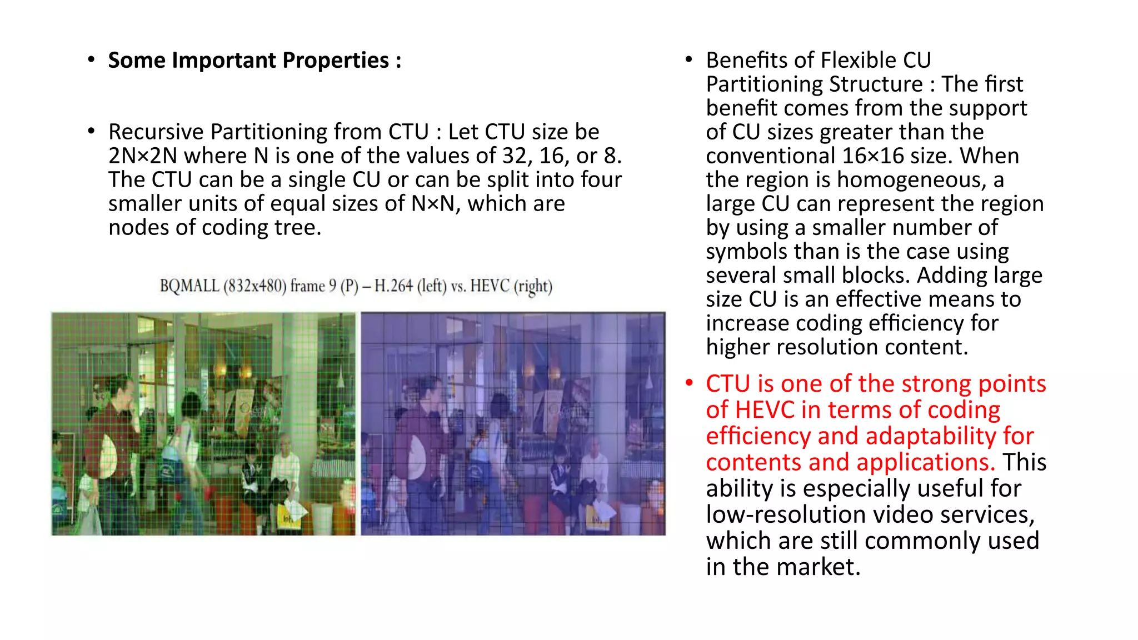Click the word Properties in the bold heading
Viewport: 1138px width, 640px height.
click(336, 61)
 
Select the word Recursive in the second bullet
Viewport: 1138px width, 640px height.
click(156, 132)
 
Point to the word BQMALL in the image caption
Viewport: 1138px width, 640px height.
click(189, 286)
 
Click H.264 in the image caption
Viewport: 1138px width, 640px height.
click(393, 286)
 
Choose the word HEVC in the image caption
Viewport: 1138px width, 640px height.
click(490, 286)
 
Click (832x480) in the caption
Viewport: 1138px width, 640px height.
click(254, 286)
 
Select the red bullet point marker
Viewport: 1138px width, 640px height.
click(689, 383)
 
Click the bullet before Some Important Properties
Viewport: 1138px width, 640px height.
click(91, 59)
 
